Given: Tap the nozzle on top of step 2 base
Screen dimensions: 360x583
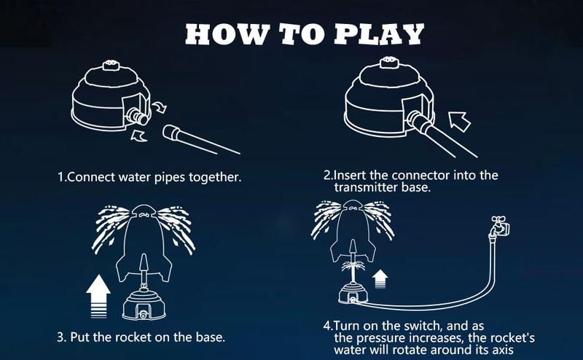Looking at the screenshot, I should pyautogui.click(x=389, y=66).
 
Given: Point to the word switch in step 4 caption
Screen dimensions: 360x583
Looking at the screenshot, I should pyautogui.click(x=416, y=324).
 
